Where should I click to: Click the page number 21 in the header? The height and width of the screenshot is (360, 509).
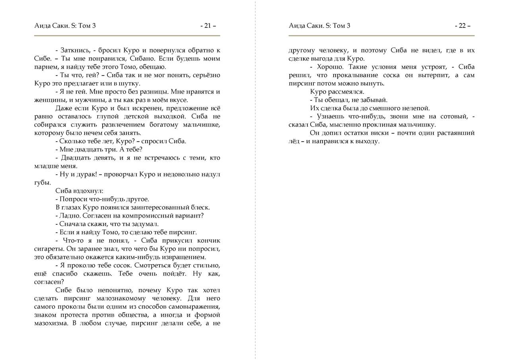[x=207, y=26]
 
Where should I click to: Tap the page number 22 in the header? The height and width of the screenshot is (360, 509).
[x=462, y=26]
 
